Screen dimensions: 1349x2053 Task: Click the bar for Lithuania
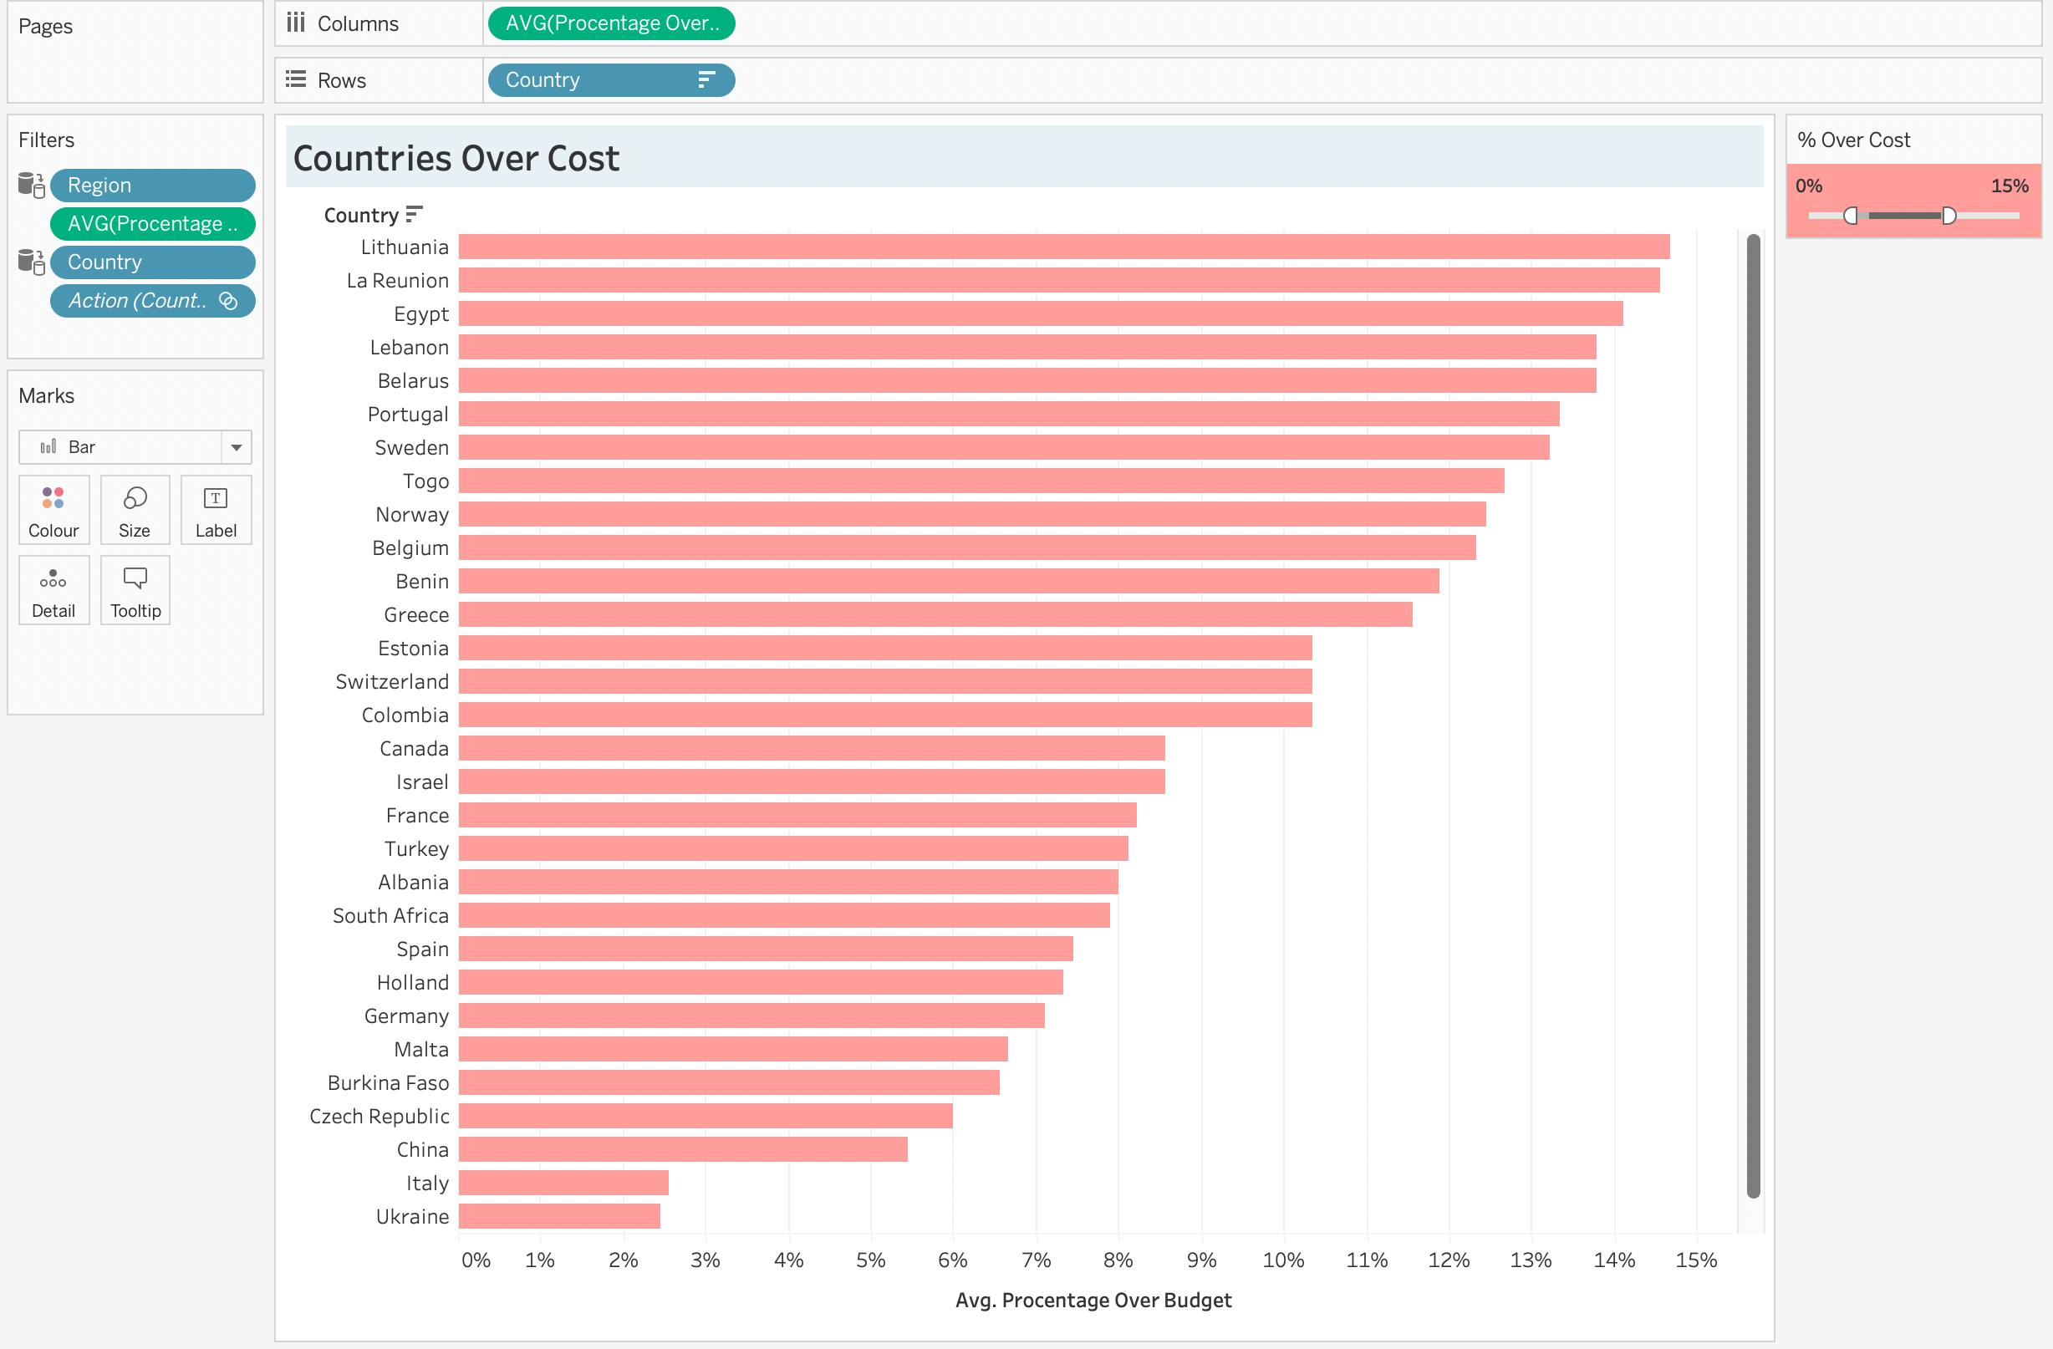tap(1062, 247)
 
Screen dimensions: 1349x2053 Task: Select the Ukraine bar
tap(559, 1216)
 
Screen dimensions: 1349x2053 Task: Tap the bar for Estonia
tap(884, 648)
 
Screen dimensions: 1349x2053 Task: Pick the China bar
tap(682, 1149)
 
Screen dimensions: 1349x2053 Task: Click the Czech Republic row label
tap(379, 1116)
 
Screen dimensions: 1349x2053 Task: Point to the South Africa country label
tap(390, 915)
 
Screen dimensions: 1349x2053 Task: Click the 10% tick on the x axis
tap(1282, 1260)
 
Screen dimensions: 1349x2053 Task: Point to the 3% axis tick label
tap(705, 1260)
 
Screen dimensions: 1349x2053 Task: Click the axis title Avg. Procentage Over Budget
tap(1093, 1300)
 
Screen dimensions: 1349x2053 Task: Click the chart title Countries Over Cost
tap(456, 159)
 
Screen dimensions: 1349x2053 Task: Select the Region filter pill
tap(152, 186)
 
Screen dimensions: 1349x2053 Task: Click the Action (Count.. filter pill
tap(152, 301)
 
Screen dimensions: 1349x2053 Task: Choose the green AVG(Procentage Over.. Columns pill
tap(611, 23)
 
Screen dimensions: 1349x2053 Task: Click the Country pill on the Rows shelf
tap(611, 80)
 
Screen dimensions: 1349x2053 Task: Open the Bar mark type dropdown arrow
tap(236, 447)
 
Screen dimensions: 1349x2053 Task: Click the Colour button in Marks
tap(53, 511)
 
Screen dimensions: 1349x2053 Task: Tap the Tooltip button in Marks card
tap(135, 591)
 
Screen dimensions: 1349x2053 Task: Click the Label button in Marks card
tap(216, 511)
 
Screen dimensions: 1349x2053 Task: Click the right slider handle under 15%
tap(1949, 216)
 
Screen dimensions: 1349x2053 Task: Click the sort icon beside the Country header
tap(414, 214)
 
